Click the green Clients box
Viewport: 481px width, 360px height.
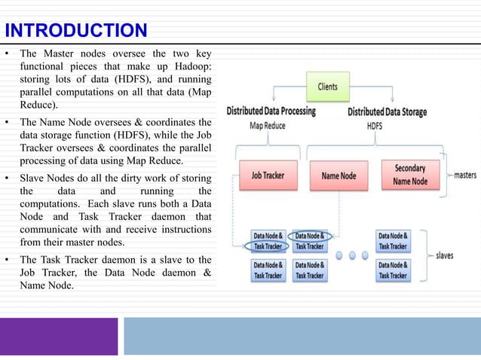(327, 86)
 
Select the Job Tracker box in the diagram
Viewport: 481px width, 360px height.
(268, 176)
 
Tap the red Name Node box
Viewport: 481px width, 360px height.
(339, 176)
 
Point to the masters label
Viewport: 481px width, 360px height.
(464, 175)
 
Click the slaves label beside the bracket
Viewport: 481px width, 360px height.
(445, 255)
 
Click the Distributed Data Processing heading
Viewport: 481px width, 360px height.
(271, 111)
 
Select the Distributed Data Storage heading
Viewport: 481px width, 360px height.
(387, 111)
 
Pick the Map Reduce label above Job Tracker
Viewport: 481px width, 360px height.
(267, 126)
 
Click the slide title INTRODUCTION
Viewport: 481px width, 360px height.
(75, 31)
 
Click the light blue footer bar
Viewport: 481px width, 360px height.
(302, 336)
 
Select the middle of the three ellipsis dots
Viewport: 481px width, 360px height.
(349, 254)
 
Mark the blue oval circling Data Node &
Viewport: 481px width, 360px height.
(311, 236)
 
